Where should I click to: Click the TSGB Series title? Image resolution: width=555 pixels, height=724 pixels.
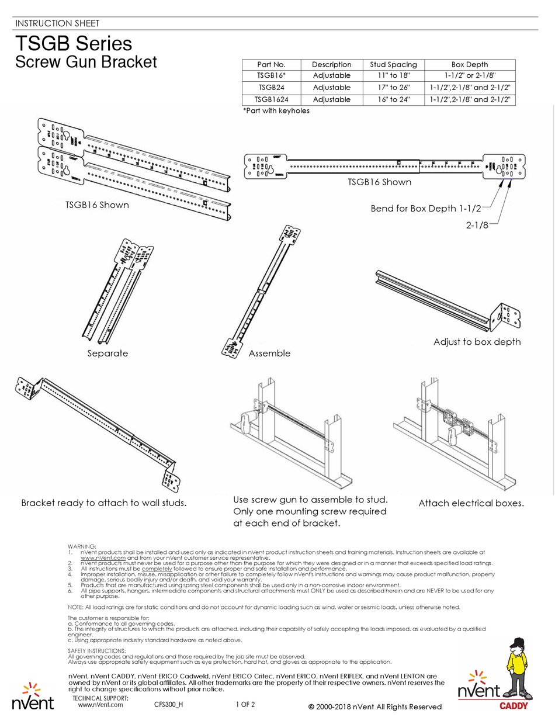(74, 44)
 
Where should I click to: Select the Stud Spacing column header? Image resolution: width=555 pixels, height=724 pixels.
(394, 64)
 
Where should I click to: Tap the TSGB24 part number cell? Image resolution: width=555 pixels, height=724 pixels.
(271, 88)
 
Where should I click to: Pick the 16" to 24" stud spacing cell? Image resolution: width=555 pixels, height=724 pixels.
(394, 99)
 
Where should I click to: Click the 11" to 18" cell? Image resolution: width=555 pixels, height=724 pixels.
(394, 76)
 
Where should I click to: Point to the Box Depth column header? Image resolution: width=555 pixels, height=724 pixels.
(469, 64)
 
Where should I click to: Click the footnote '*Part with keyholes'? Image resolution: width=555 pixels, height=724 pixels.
(276, 110)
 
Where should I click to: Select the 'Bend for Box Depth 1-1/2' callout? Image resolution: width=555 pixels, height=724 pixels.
(425, 208)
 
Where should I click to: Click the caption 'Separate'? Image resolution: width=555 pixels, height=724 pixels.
(107, 353)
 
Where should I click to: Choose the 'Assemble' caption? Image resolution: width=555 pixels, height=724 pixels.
(269, 353)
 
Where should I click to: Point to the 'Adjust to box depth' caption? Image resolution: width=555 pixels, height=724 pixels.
(477, 342)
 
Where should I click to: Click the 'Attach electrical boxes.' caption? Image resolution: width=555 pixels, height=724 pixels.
(471, 503)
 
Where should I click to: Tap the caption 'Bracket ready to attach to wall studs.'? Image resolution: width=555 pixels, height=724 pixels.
(104, 503)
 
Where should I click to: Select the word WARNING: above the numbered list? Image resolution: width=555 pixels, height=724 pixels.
(82, 546)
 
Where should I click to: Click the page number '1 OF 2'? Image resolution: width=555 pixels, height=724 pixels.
(245, 704)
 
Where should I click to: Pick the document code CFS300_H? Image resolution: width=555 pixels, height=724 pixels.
(169, 704)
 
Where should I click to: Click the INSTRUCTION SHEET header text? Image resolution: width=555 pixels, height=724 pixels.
(57, 23)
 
